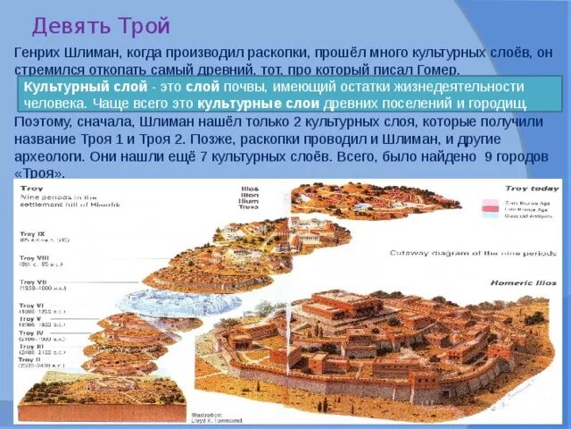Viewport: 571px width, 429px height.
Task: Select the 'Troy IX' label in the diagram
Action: point(34,234)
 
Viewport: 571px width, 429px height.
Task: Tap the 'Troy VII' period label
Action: point(34,282)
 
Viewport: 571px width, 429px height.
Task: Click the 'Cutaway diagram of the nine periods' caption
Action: point(446,253)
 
